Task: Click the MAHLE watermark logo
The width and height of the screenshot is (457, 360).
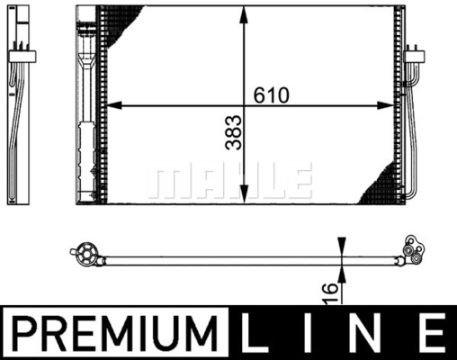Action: click(x=229, y=180)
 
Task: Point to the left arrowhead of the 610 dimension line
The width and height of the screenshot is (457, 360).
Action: click(x=112, y=106)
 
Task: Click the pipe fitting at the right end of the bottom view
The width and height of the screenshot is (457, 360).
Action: click(x=414, y=251)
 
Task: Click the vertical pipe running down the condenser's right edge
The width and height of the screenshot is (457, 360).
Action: click(x=415, y=135)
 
